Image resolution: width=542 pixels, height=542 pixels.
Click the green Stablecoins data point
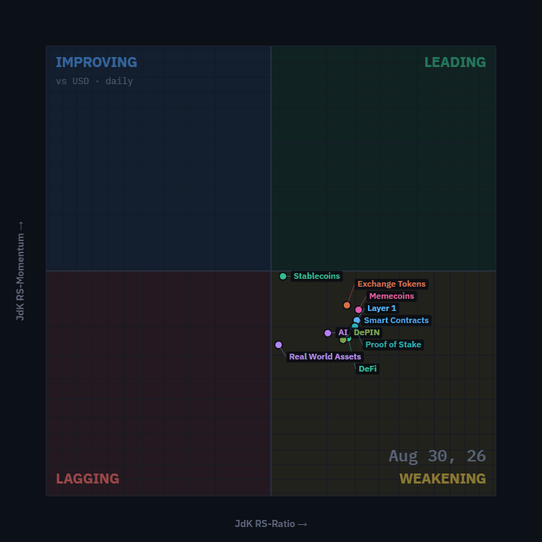click(282, 276)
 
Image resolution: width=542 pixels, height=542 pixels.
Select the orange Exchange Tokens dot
click(347, 305)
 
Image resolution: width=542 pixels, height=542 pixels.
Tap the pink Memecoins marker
click(359, 310)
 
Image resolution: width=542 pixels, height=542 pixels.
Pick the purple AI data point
click(327, 333)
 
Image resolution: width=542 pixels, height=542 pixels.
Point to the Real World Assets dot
click(279, 345)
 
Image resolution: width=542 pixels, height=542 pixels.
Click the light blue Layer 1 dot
click(357, 320)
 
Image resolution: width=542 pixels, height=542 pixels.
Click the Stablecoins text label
click(317, 276)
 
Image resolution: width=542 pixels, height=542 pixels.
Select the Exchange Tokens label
click(392, 284)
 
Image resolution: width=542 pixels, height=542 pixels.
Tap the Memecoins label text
click(392, 296)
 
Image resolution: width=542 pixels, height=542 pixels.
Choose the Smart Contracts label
click(396, 320)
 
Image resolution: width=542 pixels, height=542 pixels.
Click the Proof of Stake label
click(393, 344)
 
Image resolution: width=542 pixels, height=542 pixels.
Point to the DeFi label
click(367, 369)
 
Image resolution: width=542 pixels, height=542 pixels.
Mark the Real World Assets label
click(325, 357)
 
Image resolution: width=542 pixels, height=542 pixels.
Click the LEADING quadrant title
click(455, 62)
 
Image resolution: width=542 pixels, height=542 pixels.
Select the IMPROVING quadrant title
click(96, 62)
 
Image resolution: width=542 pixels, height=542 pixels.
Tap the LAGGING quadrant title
click(88, 479)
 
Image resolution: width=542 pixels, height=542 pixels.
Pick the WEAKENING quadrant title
click(442, 479)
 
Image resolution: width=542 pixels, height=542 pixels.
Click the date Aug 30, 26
click(437, 456)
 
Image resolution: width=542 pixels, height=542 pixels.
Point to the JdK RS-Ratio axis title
click(271, 524)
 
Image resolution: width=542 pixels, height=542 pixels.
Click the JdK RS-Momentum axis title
click(21, 271)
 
